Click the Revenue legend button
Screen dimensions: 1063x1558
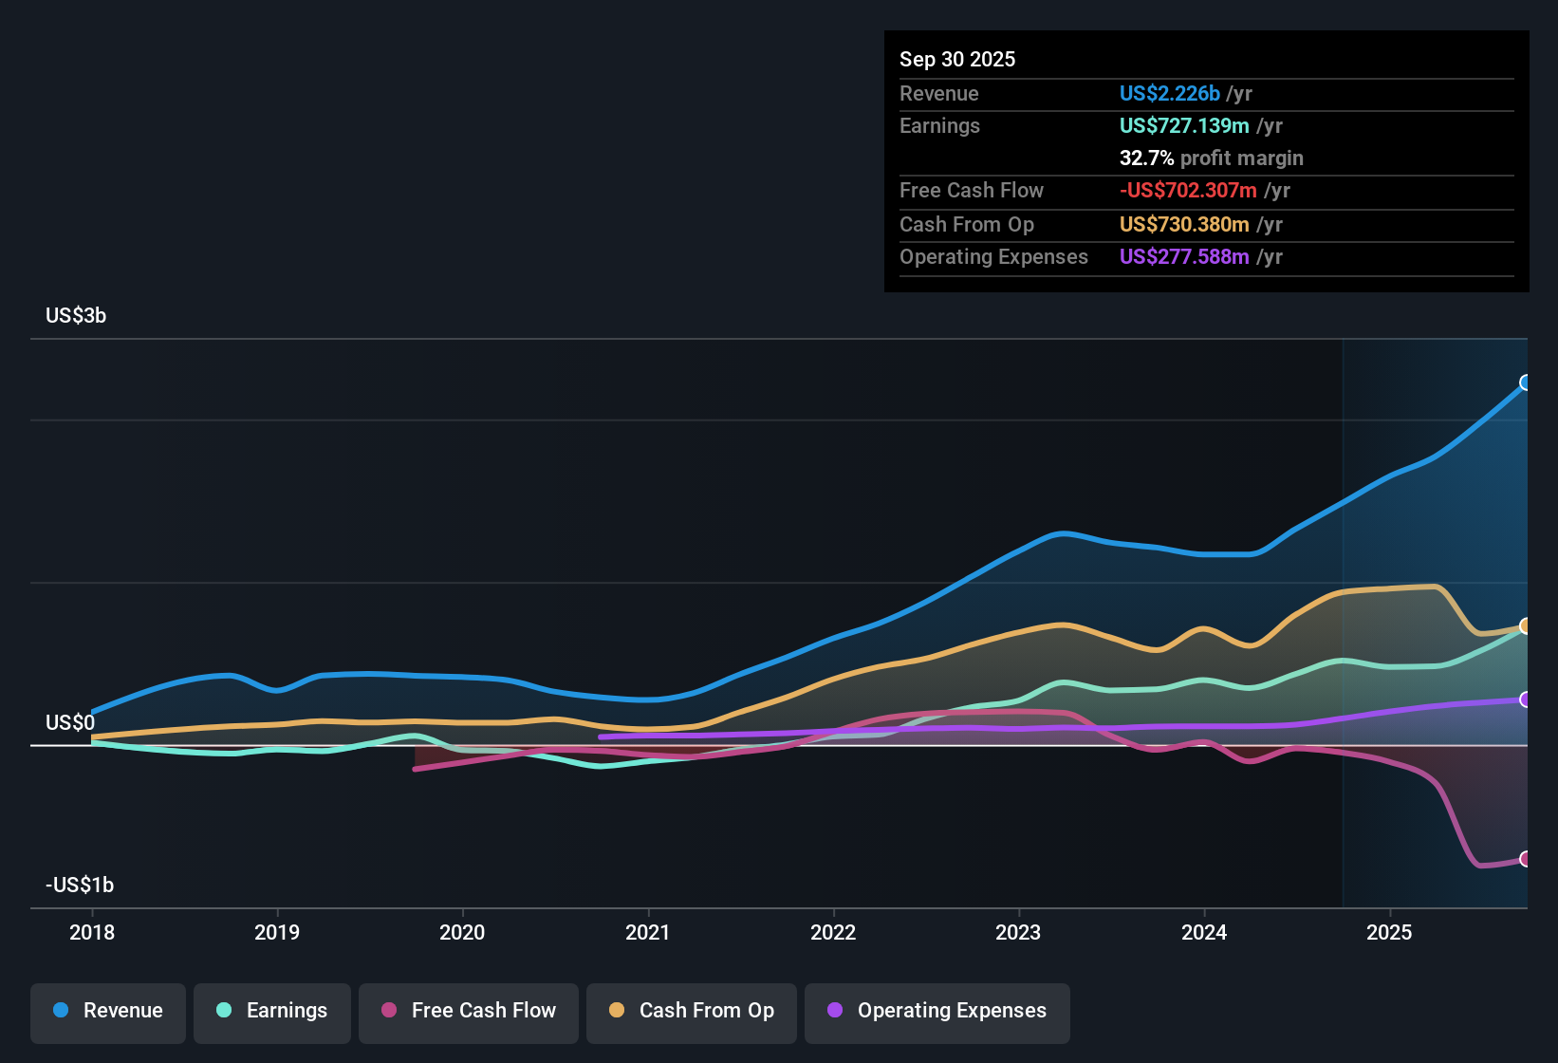tap(108, 1011)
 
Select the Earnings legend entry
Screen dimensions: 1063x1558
tap(272, 1011)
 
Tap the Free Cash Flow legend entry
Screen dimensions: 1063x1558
tap(469, 1011)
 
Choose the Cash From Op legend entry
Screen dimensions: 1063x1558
tap(692, 1011)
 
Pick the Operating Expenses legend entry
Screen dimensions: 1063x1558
tap(937, 1011)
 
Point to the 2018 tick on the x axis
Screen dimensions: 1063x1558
tap(92, 933)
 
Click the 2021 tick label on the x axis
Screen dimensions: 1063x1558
tap(648, 933)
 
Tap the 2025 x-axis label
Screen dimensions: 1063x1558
tap(1389, 933)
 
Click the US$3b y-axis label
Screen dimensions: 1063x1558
tap(76, 316)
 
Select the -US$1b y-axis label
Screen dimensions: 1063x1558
tap(80, 886)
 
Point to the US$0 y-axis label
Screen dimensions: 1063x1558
tap(70, 723)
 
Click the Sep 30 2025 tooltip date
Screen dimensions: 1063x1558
tap(957, 59)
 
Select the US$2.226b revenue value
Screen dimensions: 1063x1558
tap(1169, 93)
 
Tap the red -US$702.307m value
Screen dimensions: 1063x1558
tap(1188, 191)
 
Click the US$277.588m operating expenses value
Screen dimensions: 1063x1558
tap(1184, 257)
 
